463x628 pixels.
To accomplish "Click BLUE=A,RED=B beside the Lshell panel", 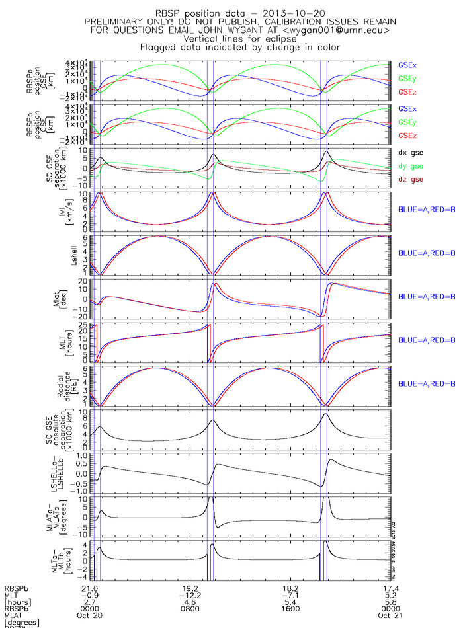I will pyautogui.click(x=427, y=253).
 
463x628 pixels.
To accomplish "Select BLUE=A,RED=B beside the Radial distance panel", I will pyautogui.click(x=427, y=383).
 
